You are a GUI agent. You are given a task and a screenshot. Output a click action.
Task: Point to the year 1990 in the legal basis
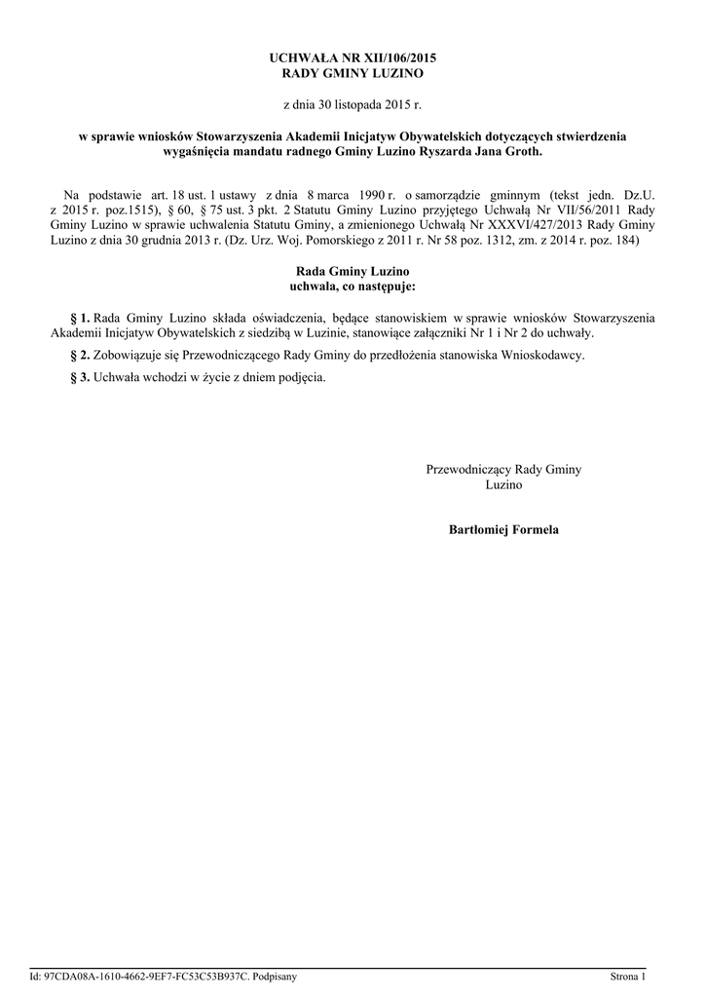pos(364,195)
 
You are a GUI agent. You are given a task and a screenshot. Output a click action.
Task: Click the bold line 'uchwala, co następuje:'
pos(353,287)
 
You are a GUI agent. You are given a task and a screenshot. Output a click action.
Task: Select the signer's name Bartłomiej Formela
pos(503,530)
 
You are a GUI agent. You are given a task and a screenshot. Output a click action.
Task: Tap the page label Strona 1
pos(627,976)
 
